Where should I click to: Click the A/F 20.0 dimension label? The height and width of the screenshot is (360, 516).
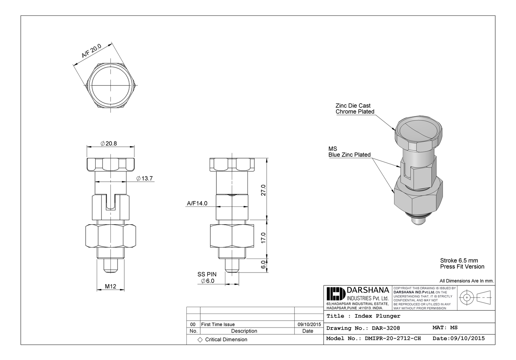coord(91,51)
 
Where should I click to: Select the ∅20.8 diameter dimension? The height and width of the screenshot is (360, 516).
coord(109,143)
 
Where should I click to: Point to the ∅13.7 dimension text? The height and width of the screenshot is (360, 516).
coord(145,178)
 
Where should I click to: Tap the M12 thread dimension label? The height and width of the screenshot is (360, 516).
coord(111,286)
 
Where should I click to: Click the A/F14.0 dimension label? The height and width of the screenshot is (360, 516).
coord(197,203)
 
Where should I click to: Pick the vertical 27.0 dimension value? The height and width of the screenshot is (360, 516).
coord(263,190)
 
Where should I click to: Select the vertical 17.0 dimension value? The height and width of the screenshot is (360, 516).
coord(263,237)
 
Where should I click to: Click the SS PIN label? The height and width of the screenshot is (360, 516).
coord(207,274)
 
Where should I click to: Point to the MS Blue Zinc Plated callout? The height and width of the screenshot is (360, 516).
coord(349,152)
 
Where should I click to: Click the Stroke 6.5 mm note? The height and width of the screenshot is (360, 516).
coord(459,260)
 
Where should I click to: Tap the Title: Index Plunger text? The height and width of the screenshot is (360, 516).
coord(363,316)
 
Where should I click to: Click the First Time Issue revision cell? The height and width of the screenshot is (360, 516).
coord(218,324)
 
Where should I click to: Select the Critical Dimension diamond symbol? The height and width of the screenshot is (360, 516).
coord(200,339)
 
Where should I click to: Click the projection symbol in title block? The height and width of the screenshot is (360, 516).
coord(475,297)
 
